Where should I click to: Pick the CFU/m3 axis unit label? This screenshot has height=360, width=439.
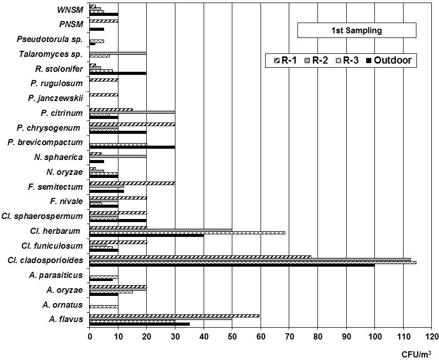coord(416,353)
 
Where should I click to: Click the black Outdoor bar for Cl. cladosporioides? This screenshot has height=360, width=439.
coord(232,266)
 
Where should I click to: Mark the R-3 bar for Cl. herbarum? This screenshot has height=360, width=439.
coord(187,232)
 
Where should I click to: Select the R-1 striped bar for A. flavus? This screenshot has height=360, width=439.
coord(174,316)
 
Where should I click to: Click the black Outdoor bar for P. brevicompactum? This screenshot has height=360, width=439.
coord(132,147)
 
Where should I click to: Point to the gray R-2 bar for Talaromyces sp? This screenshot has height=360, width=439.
coord(118,53)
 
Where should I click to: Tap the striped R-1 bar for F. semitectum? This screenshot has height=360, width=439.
coord(132,183)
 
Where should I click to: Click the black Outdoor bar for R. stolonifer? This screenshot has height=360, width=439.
coord(118,73)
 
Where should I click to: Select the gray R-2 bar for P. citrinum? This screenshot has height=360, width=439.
coord(132,112)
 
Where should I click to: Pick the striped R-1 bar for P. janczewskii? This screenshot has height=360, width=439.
coord(104,95)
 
